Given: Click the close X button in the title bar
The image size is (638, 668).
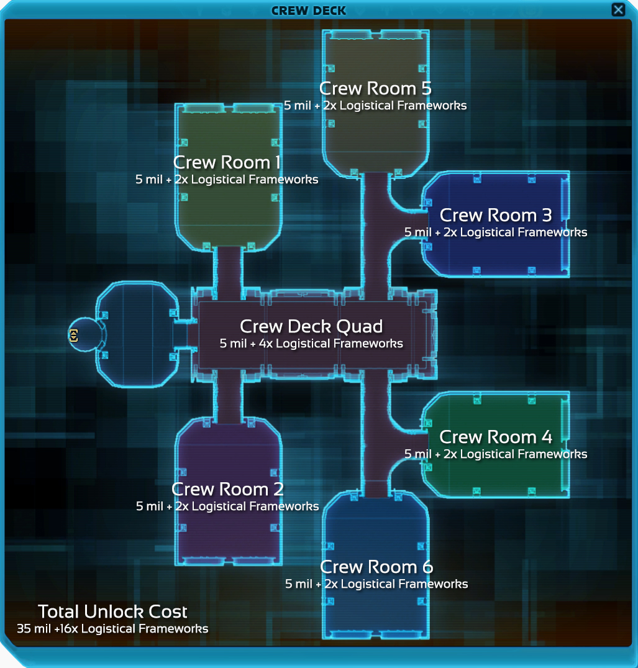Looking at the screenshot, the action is coord(618,9).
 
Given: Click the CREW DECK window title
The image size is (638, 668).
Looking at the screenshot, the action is coord(308,11).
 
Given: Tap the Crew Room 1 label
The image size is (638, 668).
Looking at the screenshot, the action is coord(227,162).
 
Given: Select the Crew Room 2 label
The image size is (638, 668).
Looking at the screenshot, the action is coord(227,489).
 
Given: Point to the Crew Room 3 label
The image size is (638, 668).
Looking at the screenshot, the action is coord(496,215).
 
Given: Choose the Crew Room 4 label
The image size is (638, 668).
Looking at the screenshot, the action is coord(496,437).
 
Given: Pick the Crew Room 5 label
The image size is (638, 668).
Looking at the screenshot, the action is coord(375,89).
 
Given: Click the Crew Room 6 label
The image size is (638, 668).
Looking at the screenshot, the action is coord(376,567).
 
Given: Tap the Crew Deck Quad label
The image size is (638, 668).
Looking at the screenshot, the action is coord(311,327).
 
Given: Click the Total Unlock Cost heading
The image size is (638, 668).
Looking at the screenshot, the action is coord(112,612).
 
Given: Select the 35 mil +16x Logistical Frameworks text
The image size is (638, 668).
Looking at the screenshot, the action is coord(112,629).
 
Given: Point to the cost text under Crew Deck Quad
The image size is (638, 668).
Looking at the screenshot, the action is coord(311,344).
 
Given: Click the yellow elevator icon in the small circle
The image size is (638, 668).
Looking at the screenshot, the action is coord(73,336).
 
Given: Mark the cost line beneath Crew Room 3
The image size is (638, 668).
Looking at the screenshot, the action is coord(496,232).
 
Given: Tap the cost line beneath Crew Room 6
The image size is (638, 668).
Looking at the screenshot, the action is coord(376,583).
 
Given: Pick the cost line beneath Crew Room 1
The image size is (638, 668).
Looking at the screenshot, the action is coord(227,180).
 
